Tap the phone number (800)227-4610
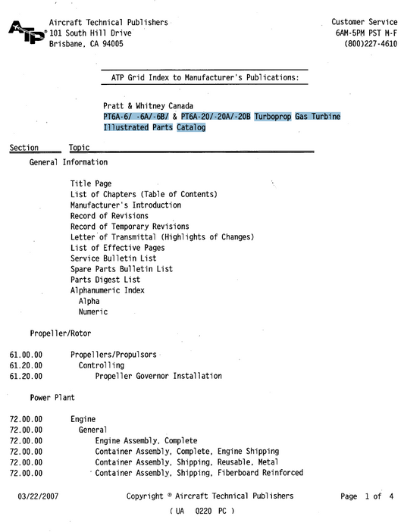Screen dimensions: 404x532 (371, 44)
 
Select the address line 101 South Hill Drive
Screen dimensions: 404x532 (90, 33)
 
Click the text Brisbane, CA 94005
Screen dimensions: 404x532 (86, 44)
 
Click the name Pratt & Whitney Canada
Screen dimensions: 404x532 (148, 105)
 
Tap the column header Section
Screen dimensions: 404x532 (24, 148)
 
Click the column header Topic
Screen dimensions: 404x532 (79, 148)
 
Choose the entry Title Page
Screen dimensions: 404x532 (91, 184)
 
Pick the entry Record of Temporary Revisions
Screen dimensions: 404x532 (130, 227)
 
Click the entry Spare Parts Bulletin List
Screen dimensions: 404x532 (121, 269)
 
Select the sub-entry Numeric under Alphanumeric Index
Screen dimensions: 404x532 (93, 311)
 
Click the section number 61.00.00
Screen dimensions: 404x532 (27, 355)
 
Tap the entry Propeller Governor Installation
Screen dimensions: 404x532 (158, 376)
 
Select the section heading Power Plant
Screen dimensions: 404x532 (52, 397)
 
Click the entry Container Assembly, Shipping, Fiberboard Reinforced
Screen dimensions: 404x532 (199, 473)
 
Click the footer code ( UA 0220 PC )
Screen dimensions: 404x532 (202, 512)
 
